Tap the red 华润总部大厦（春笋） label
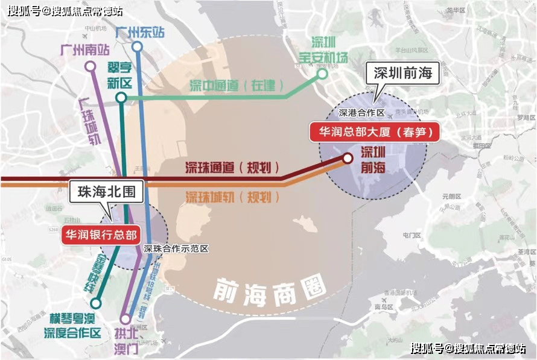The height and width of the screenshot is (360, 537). [374, 131]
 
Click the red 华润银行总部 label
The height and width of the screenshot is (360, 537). [101, 235]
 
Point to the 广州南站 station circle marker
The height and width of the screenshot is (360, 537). [91, 66]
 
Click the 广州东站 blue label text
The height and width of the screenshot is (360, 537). [139, 32]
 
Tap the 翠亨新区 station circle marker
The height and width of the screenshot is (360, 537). [121, 97]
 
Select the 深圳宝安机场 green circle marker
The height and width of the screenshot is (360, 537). [322, 74]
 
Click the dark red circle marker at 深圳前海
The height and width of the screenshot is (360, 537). [348, 158]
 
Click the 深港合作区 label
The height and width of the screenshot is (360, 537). [361, 113]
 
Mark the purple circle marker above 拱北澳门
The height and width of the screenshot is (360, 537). [126, 320]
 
